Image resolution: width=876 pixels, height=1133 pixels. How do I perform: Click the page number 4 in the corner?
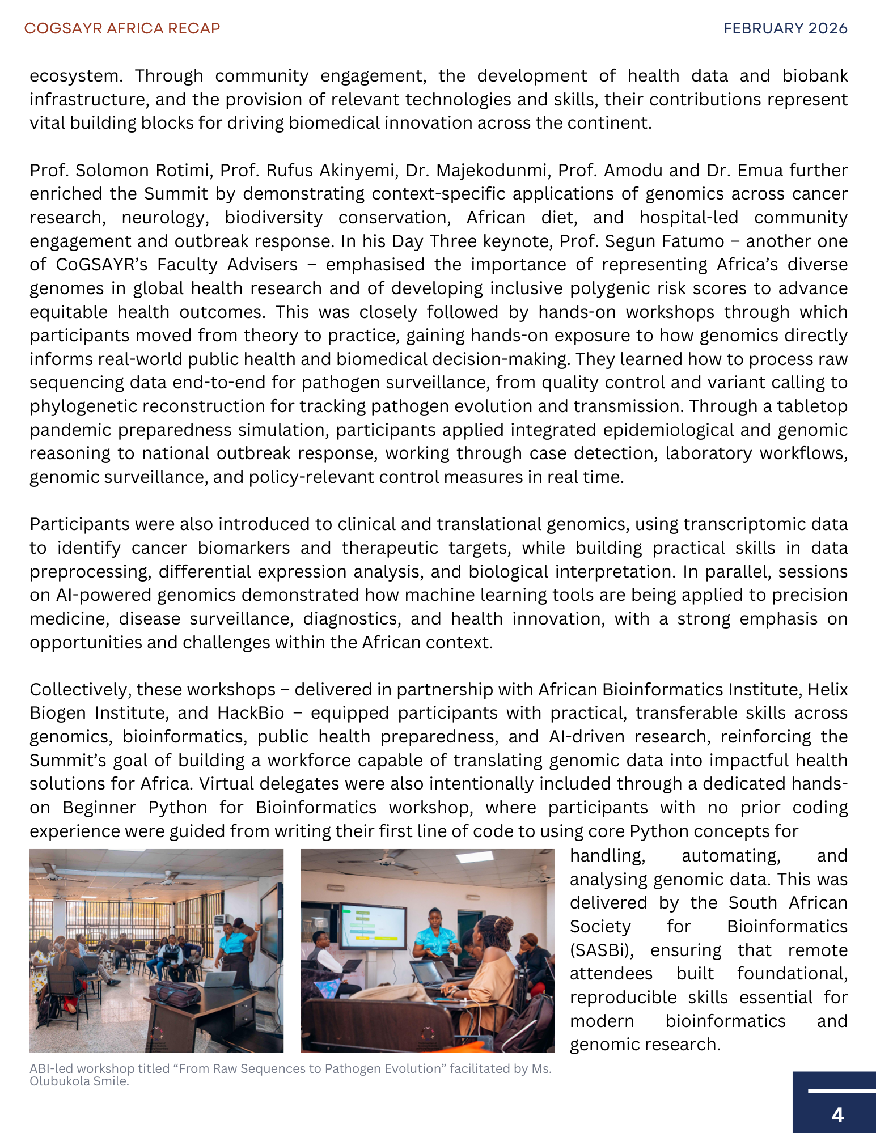[837, 1115]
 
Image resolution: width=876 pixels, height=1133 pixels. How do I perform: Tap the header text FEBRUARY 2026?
[785, 28]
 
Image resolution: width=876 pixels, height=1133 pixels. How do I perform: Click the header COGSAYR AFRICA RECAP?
[122, 28]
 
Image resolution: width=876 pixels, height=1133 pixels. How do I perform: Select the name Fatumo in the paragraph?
[697, 241]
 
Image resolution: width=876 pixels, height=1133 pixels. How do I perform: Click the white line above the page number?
[841, 1090]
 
